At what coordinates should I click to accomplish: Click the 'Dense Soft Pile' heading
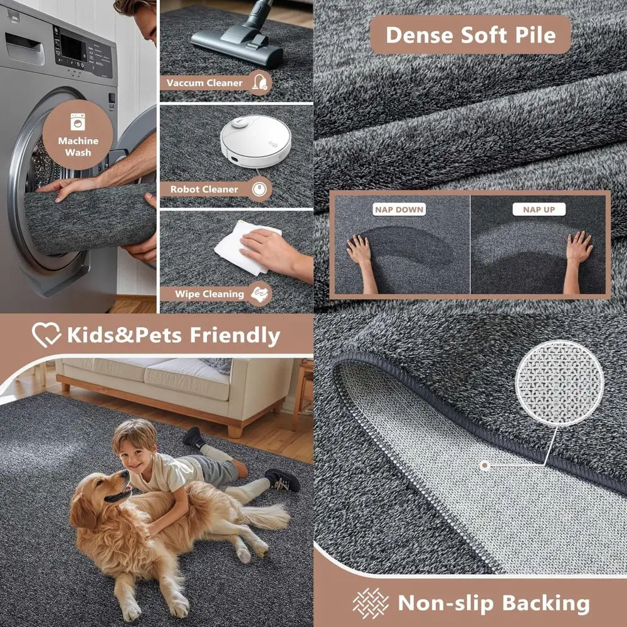pos(470,35)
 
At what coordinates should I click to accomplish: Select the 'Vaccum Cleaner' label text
pos(204,83)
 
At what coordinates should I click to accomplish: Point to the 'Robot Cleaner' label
pos(204,189)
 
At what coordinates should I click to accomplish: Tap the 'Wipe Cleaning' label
pos(201,294)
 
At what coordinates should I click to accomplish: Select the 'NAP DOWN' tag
pos(399,209)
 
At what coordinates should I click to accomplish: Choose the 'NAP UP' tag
pos(539,209)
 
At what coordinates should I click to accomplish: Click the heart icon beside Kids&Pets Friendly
pos(46,335)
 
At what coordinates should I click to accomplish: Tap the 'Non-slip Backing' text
pos(493,603)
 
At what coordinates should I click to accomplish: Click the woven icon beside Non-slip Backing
pos(371,603)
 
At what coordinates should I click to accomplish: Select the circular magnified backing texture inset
pos(559,383)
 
